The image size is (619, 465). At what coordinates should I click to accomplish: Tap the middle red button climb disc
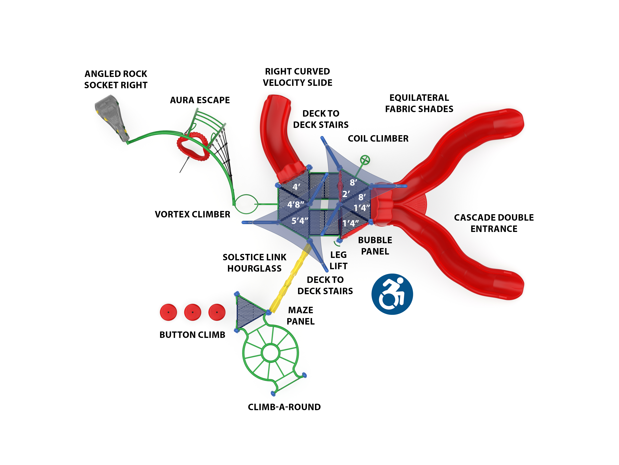point(192,312)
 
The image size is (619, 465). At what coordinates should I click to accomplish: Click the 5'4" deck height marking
point(300,221)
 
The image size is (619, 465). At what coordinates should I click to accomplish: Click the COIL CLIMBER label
point(378,139)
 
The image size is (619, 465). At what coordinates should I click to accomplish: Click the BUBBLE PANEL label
point(375,246)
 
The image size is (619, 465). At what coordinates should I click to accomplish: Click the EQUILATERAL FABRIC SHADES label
point(419,103)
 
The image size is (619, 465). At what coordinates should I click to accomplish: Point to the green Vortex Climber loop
point(246,204)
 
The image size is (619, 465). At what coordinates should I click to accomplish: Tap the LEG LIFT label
point(338,260)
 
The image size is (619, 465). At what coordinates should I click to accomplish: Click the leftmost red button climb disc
point(168,312)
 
